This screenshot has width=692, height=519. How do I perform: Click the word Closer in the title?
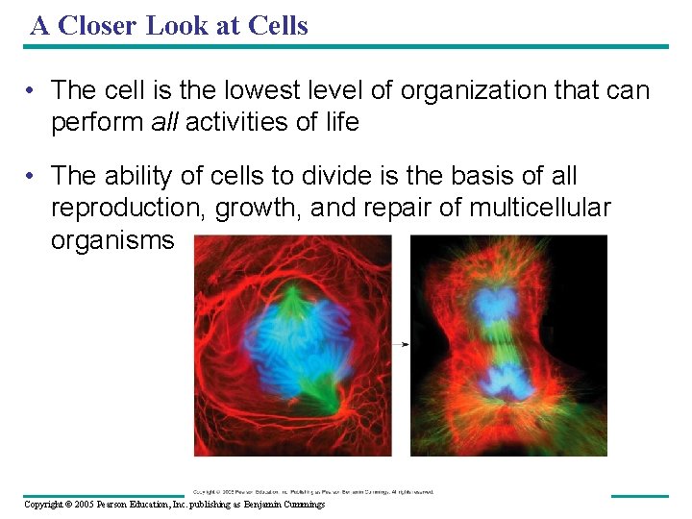pos(98,26)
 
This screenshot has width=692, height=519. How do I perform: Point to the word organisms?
pos(112,239)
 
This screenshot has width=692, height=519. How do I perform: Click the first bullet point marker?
pos(33,91)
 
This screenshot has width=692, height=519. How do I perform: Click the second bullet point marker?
pos(33,176)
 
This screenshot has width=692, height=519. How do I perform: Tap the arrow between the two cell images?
pos(401,343)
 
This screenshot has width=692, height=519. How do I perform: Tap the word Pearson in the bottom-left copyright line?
pos(115,505)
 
